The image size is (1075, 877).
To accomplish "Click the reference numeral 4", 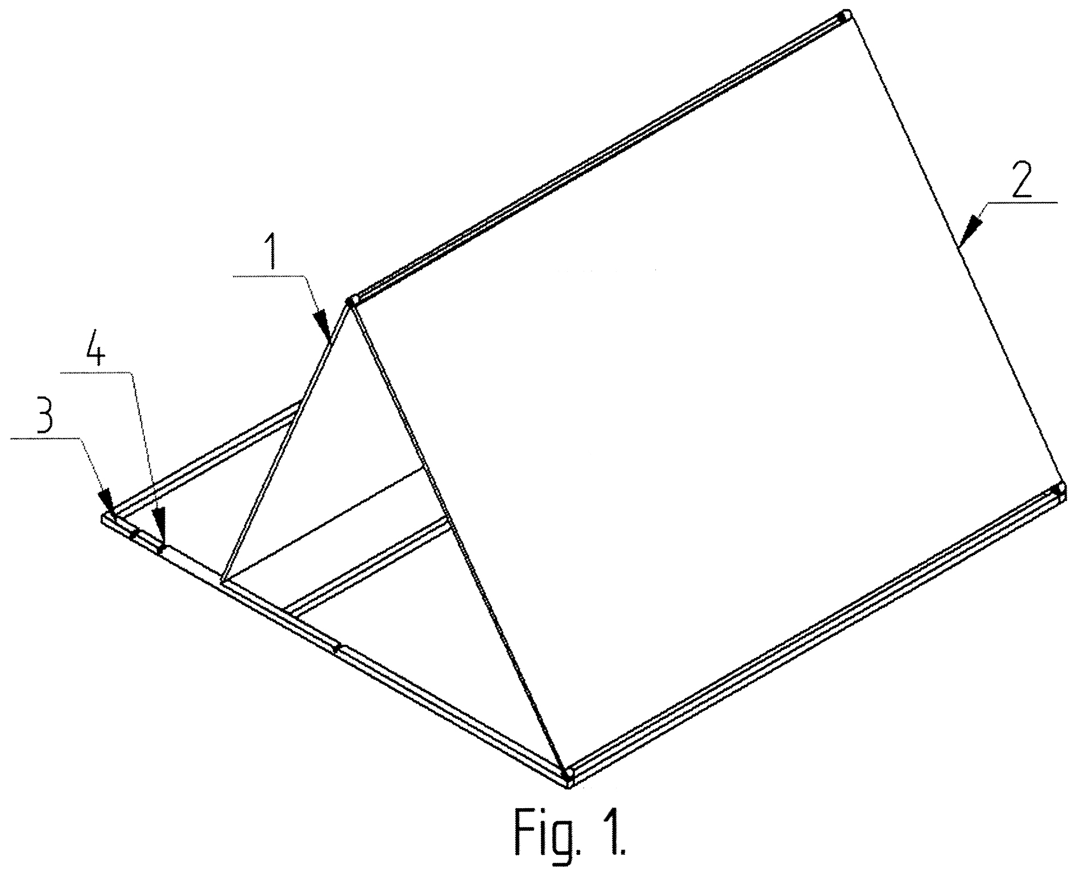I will click(95, 354).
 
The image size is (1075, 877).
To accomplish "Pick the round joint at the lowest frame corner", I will click(567, 774).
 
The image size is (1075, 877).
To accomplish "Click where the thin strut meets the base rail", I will click(223, 581).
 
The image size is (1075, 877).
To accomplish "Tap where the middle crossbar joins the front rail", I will click(288, 613).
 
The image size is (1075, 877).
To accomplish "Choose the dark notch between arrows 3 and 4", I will click(134, 534).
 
